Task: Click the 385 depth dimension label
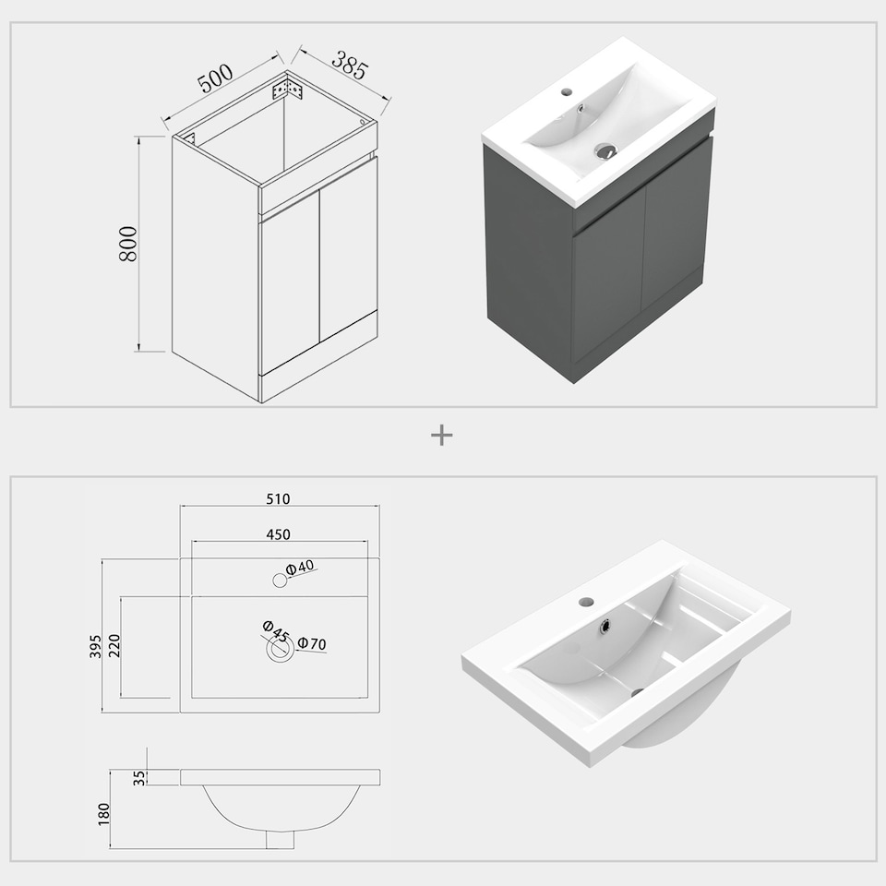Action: [x=350, y=66]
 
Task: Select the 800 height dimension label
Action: [x=128, y=244]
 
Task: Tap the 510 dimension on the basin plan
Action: [x=278, y=499]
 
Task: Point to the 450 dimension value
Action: [x=278, y=534]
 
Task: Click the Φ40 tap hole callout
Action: [x=301, y=569]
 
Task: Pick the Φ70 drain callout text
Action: [x=312, y=644]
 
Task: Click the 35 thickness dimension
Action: [x=139, y=777]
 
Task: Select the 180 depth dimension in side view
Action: [x=103, y=812]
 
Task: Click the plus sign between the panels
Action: [x=442, y=436]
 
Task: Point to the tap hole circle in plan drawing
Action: [x=279, y=581]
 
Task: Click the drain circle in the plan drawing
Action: [x=279, y=650]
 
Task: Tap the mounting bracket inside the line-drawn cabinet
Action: [x=290, y=90]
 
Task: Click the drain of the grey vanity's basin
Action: [x=605, y=150]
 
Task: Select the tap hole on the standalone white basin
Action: [x=585, y=602]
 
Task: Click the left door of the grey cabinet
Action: [x=607, y=286]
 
